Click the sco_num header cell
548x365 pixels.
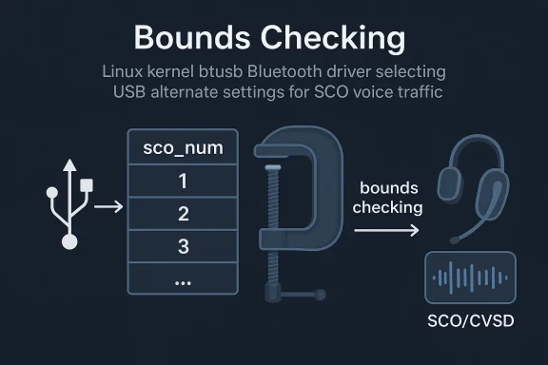183,148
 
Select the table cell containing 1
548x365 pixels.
183,181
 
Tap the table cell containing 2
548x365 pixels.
183,214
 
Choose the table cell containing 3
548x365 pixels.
183,246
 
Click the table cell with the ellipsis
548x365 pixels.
183,279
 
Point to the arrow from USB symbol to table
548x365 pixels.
108,205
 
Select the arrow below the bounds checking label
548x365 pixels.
385,230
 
